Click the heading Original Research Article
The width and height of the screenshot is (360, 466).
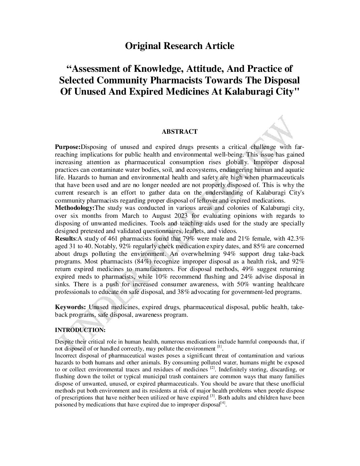[180, 46]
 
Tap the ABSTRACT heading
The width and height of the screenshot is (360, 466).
[180, 132]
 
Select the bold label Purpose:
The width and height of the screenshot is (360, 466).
[67, 147]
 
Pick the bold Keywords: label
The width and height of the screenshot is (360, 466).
[70, 307]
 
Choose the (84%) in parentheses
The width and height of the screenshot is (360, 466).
[143, 261]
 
